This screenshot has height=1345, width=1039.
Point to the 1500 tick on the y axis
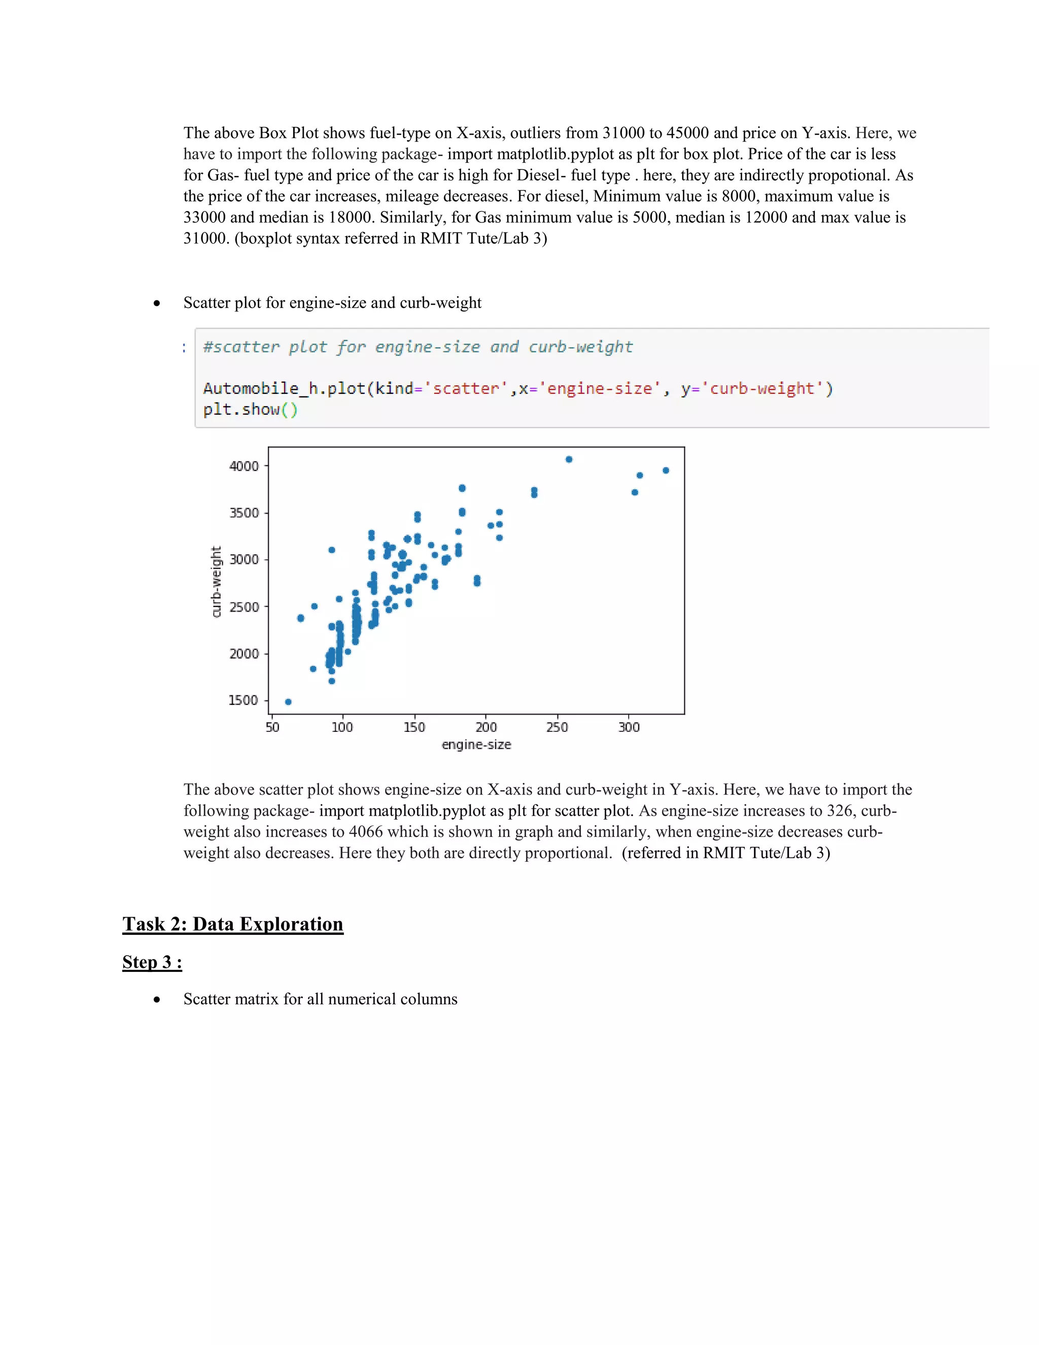pyautogui.click(x=244, y=700)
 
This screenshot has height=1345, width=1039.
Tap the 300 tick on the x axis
pyautogui.click(x=629, y=727)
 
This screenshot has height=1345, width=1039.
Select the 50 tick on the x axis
pyautogui.click(x=272, y=727)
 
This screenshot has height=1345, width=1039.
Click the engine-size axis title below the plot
pyautogui.click(x=476, y=745)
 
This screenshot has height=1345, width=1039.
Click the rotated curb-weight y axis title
pyautogui.click(x=216, y=582)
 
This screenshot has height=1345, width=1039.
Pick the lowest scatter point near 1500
pyautogui.click(x=288, y=701)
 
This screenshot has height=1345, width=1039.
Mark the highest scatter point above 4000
pyautogui.click(x=569, y=459)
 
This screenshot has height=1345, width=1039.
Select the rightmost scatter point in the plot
pyautogui.click(x=666, y=470)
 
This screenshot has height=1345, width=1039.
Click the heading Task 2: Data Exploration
pyautogui.click(x=233, y=924)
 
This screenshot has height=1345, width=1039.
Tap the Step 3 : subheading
pyautogui.click(x=152, y=962)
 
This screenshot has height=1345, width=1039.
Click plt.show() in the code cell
pyautogui.click(x=251, y=410)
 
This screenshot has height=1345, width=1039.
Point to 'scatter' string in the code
pyautogui.click(x=466, y=389)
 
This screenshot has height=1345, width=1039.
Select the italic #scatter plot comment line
pyautogui.click(x=418, y=347)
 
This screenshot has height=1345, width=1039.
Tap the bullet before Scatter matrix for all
pyautogui.click(x=157, y=999)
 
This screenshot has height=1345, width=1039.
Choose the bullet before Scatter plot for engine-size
pyautogui.click(x=157, y=303)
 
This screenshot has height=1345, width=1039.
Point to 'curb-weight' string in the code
pyautogui.click(x=762, y=389)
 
